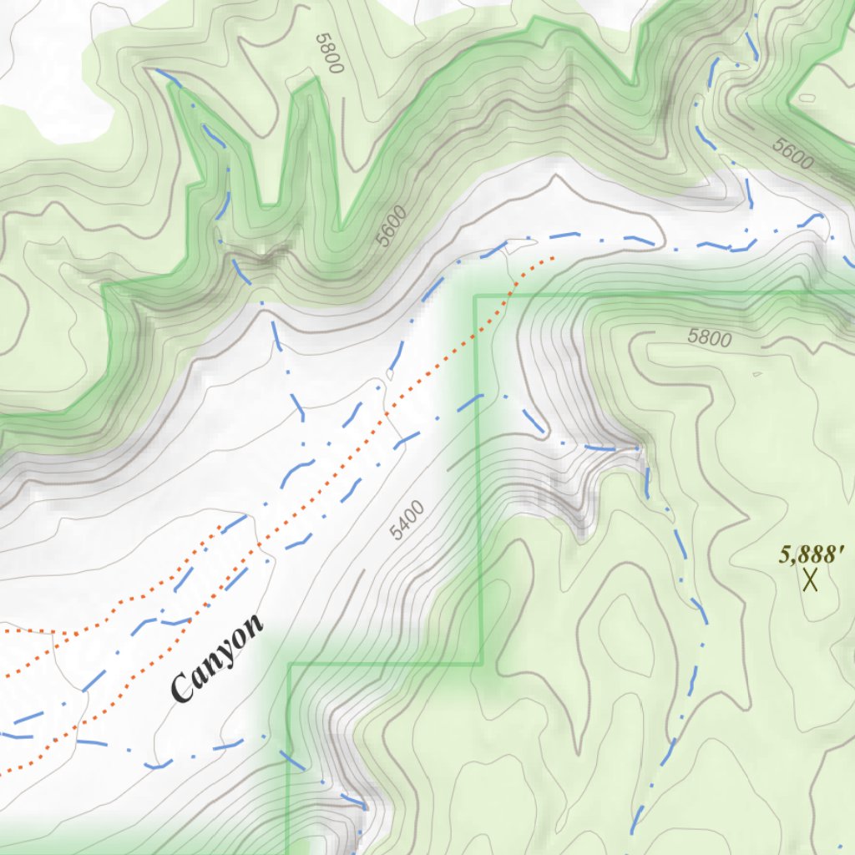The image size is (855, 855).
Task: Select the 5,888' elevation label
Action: click(812, 554)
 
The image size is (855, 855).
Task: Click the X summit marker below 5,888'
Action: click(809, 579)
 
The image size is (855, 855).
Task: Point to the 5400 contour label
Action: click(407, 519)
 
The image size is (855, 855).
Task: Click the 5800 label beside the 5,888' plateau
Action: click(709, 338)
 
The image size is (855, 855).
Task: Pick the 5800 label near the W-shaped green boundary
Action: click(330, 53)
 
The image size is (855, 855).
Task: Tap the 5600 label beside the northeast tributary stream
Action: click(792, 154)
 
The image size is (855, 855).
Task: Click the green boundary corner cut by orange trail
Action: click(475, 296)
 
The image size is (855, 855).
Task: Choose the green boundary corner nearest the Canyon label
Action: click(289, 665)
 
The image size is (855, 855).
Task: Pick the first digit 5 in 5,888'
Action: click(785, 554)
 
